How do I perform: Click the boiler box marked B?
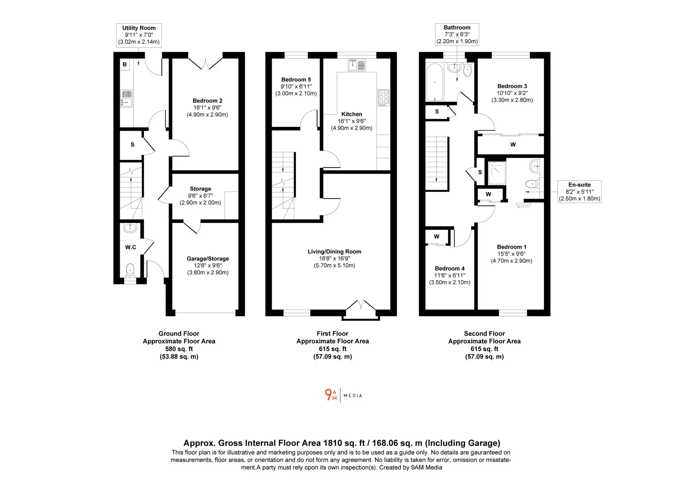point(124,64)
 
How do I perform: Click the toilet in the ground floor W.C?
point(130,270)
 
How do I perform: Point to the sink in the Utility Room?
point(126,99)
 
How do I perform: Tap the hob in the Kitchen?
point(384,98)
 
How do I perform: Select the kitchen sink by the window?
point(357,65)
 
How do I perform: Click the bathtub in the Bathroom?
point(435,82)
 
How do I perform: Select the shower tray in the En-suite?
point(497,173)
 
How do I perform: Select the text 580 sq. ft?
point(179,349)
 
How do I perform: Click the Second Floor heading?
point(484,334)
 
